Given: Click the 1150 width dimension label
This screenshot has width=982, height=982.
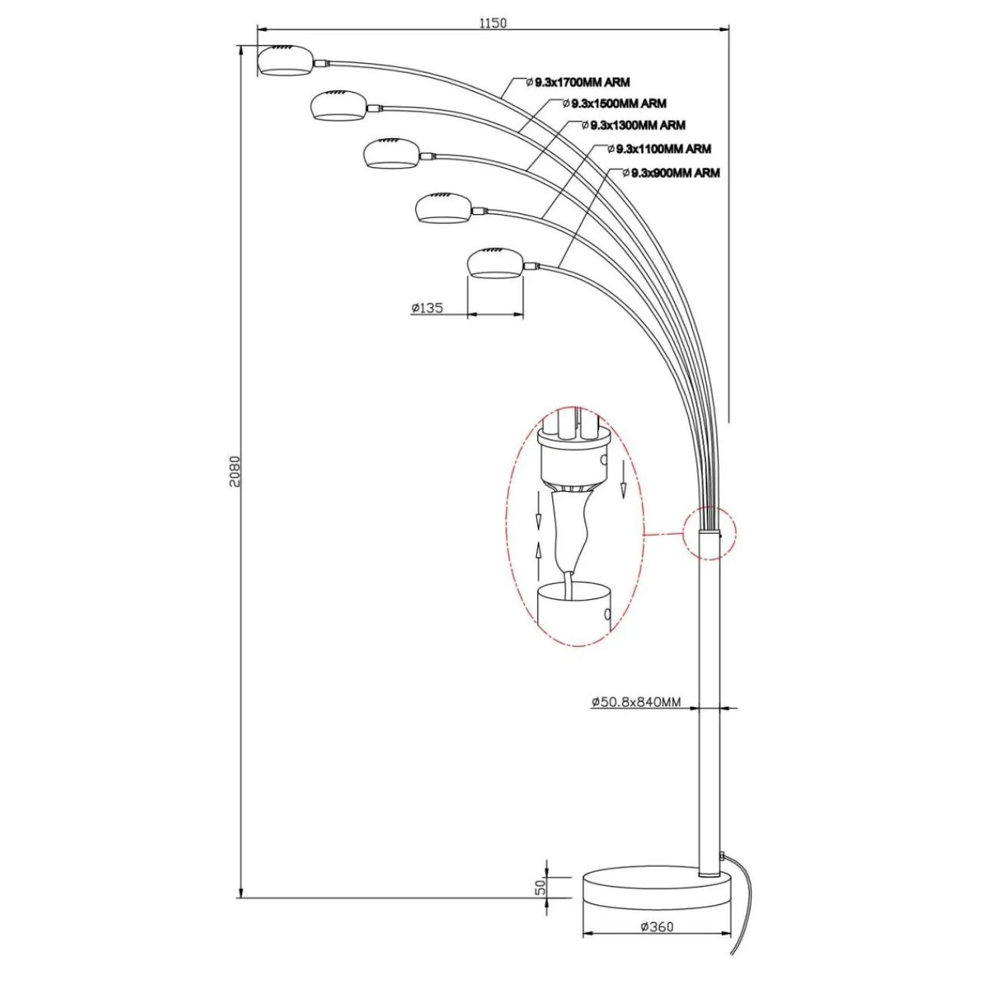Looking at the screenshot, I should click(493, 23).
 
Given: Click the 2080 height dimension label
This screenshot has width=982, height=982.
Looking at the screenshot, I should click(236, 473).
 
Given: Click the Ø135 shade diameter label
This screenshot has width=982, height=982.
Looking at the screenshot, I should click(427, 308).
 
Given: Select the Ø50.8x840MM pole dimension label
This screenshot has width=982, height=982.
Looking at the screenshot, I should click(636, 701).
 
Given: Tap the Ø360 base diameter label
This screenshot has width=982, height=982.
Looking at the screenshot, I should click(657, 926).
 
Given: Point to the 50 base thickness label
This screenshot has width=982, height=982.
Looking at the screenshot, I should click(540, 888).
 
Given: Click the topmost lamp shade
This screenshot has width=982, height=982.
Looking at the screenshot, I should click(285, 61).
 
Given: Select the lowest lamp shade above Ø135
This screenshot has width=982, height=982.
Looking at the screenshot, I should click(496, 263).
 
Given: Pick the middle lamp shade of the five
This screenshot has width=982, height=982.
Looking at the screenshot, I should click(391, 153).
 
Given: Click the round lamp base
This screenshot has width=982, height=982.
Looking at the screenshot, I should click(657, 894).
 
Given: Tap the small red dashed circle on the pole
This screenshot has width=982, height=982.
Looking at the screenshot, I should click(709, 533).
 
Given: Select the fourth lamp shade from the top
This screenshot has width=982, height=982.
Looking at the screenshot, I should click(443, 208).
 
